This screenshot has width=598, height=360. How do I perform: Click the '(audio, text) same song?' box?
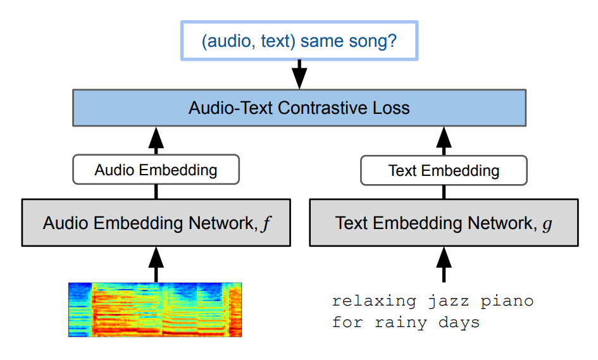[x=299, y=40]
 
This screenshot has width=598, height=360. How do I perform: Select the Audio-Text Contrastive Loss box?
[x=299, y=108]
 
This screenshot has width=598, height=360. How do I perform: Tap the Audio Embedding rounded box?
[x=156, y=170]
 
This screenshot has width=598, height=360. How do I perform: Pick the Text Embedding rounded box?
[x=444, y=170]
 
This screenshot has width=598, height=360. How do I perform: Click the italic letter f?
[x=266, y=223]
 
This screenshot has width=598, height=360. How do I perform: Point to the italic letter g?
[x=547, y=224]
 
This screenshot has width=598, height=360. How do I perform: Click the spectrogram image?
[x=155, y=309]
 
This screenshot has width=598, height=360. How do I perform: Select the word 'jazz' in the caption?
[x=449, y=302]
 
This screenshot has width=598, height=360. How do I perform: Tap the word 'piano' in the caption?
[x=508, y=302]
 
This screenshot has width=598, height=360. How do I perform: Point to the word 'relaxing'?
[x=374, y=301]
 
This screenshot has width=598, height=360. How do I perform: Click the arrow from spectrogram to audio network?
[x=156, y=264]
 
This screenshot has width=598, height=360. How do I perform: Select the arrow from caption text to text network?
[x=444, y=264]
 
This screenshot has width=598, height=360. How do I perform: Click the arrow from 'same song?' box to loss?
[x=299, y=75]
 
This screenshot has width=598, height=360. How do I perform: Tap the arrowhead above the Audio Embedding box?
[x=156, y=138]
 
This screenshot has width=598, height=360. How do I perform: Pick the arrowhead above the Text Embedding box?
[x=444, y=138]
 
